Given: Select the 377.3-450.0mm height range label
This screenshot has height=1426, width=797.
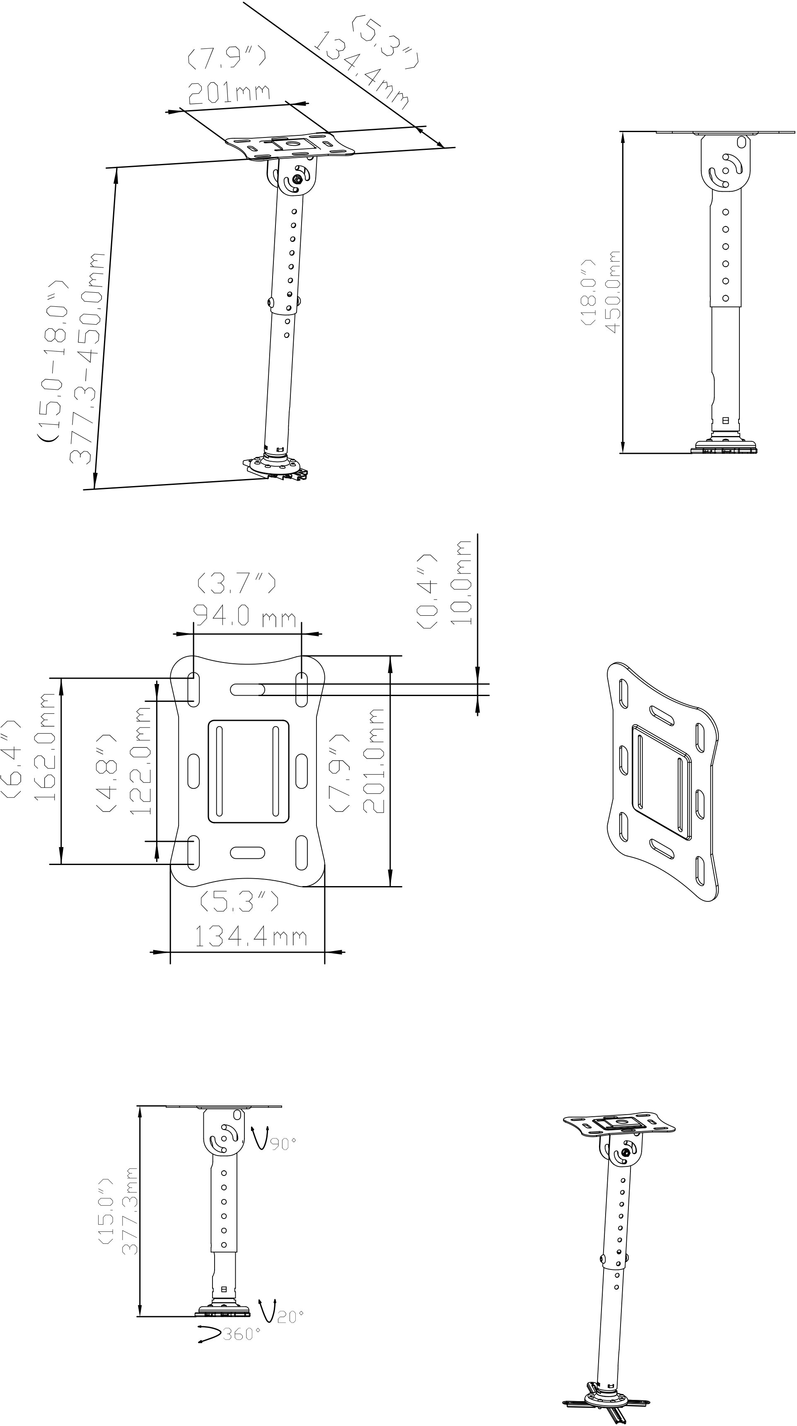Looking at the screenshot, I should point(87,358).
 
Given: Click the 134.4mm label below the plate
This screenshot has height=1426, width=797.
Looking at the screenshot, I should point(250,937).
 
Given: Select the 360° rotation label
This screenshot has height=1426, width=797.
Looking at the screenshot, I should point(241,1334).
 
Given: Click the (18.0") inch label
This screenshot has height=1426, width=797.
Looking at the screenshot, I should point(588,292).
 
